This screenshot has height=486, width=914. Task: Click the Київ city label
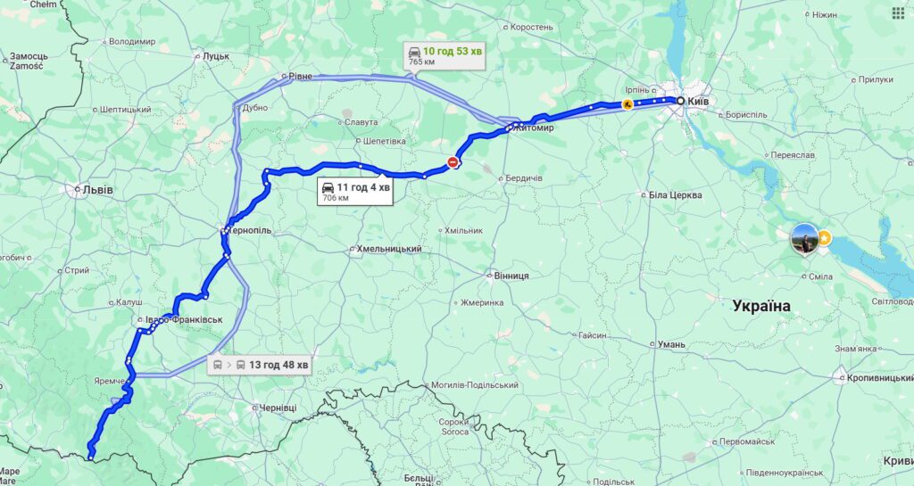coord(698,102)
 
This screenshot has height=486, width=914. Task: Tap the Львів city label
coord(96,189)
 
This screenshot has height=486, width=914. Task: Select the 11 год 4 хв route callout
coord(354,191)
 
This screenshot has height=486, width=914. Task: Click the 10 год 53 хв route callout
coord(444,55)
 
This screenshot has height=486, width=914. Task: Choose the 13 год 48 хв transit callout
coord(260,365)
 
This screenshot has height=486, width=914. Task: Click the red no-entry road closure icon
coord(453,162)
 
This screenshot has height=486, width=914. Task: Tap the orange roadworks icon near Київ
coord(628,104)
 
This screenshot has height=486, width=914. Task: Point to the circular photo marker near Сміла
coord(803,238)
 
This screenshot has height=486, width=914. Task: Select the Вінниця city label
coord(511,276)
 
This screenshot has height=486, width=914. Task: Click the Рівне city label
coord(300,77)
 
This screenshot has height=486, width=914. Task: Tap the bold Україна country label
coord(760,306)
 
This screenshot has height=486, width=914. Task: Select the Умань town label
coord(670,344)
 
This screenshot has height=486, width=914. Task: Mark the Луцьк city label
coord(216,55)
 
